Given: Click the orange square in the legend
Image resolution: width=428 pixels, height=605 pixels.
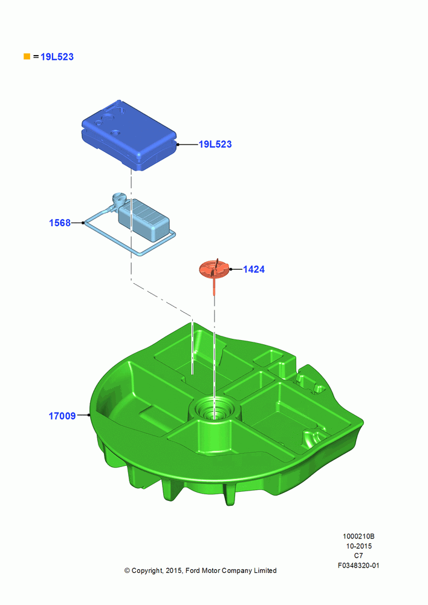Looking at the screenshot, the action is click(x=27, y=56).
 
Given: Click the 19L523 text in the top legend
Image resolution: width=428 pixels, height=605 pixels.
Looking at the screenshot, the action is click(x=57, y=57).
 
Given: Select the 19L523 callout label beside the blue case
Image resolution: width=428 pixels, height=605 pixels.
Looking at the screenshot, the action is click(x=215, y=145).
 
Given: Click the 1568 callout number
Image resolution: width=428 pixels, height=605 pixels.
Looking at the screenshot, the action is click(x=60, y=223).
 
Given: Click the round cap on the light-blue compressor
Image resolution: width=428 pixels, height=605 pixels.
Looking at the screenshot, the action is click(x=118, y=198).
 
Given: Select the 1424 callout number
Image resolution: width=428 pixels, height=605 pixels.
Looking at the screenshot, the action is click(x=254, y=269).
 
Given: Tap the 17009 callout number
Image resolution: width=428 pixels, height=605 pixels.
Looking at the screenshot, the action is click(x=62, y=416).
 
